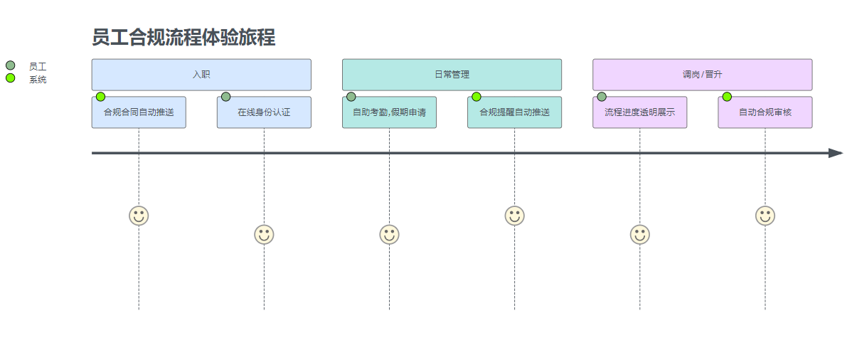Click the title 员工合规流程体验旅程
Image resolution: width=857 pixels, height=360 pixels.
pyautogui.click(x=183, y=38)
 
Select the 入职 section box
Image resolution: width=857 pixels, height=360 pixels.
pyautogui.click(x=201, y=75)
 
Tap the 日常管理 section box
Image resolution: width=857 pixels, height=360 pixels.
pyautogui.click(x=452, y=75)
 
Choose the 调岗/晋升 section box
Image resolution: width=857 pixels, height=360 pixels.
pyautogui.click(x=702, y=75)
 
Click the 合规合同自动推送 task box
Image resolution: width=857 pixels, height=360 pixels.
pyautogui.click(x=139, y=113)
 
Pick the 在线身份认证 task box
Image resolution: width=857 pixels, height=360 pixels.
pyautogui.click(x=264, y=113)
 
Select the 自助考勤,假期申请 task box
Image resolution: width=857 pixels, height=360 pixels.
pyautogui.click(x=389, y=113)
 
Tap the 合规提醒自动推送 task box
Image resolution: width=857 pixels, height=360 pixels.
pyautogui.click(x=514, y=113)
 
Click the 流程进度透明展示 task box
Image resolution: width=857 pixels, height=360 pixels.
pyautogui.click(x=639, y=113)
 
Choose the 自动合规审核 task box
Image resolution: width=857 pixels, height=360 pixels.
pyautogui.click(x=765, y=113)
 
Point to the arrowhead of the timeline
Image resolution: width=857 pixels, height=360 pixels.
pyautogui.click(x=836, y=153)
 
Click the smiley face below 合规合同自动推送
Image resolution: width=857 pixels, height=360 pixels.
pyautogui.click(x=139, y=216)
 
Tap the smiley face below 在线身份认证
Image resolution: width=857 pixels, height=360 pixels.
pyautogui.click(x=264, y=234)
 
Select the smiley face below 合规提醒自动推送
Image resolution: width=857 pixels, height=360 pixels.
pyautogui.click(x=514, y=216)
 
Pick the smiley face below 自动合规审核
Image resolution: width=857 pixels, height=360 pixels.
pyautogui.click(x=765, y=216)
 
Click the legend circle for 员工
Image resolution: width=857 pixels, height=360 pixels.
pyautogui.click(x=10, y=65)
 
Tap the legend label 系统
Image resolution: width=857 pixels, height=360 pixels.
pyautogui.click(x=38, y=80)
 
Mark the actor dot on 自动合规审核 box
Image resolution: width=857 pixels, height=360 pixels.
pyautogui.click(x=727, y=97)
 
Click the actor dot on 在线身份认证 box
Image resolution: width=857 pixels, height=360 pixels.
pyautogui.click(x=225, y=97)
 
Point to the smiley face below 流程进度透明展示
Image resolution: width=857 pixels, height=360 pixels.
pyautogui.click(x=639, y=234)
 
